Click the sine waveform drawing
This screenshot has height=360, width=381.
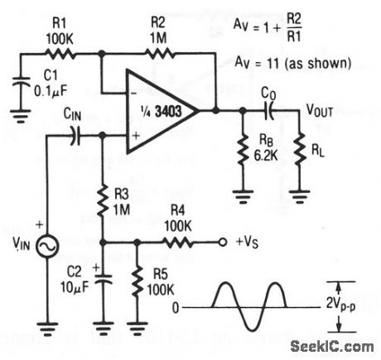(248, 307)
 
